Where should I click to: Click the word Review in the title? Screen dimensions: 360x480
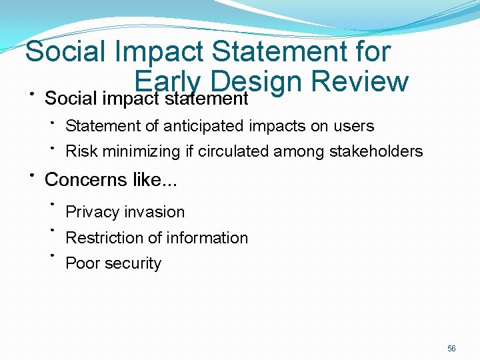tap(359, 81)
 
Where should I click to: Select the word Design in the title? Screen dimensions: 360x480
tap(256, 81)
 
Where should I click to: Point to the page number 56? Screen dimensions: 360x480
tap(451, 349)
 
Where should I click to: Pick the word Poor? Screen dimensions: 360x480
tap(81, 263)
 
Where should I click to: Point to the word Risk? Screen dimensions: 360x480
tap(80, 151)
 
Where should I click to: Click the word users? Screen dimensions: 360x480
tap(355, 126)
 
